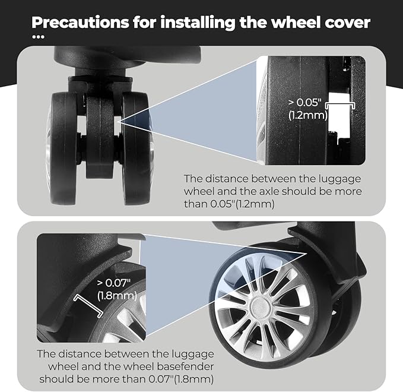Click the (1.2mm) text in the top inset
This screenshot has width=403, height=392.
308,115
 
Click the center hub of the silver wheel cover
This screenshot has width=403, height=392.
259,306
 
